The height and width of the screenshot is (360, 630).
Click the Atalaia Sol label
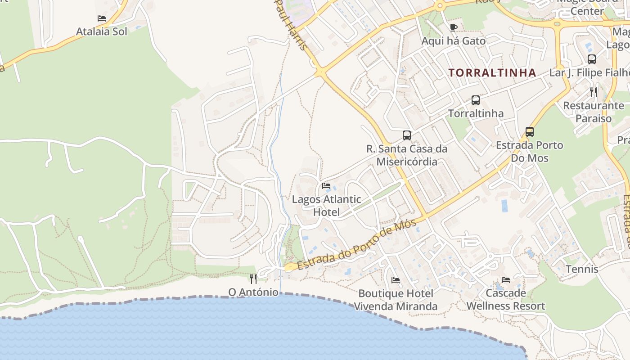[101, 31]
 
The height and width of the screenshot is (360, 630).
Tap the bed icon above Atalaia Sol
[102, 18]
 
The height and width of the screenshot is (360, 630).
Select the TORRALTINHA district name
[492, 72]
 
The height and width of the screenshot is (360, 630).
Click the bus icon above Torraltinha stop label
[476, 100]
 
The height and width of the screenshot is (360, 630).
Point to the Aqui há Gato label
[453, 41]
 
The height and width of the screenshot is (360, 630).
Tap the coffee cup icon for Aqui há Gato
[454, 28]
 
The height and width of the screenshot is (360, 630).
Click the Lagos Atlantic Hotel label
[326, 205]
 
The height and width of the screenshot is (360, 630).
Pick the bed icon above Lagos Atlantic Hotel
[326, 186]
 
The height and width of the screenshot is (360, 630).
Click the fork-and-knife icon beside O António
[253, 279]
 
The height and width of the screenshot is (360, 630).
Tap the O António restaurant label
[253, 292]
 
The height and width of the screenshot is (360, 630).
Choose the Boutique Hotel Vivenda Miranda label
[396, 300]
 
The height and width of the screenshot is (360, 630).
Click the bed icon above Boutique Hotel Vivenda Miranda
[396, 280]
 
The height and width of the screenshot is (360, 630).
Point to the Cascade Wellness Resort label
[505, 300]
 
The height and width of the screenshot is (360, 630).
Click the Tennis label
[582, 269]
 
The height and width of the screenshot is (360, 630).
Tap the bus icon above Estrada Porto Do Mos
[530, 132]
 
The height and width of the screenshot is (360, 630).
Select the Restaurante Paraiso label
[594, 112]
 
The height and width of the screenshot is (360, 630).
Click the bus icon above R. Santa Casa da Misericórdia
[407, 135]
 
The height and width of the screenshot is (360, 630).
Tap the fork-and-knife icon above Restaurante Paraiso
[594, 92]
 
